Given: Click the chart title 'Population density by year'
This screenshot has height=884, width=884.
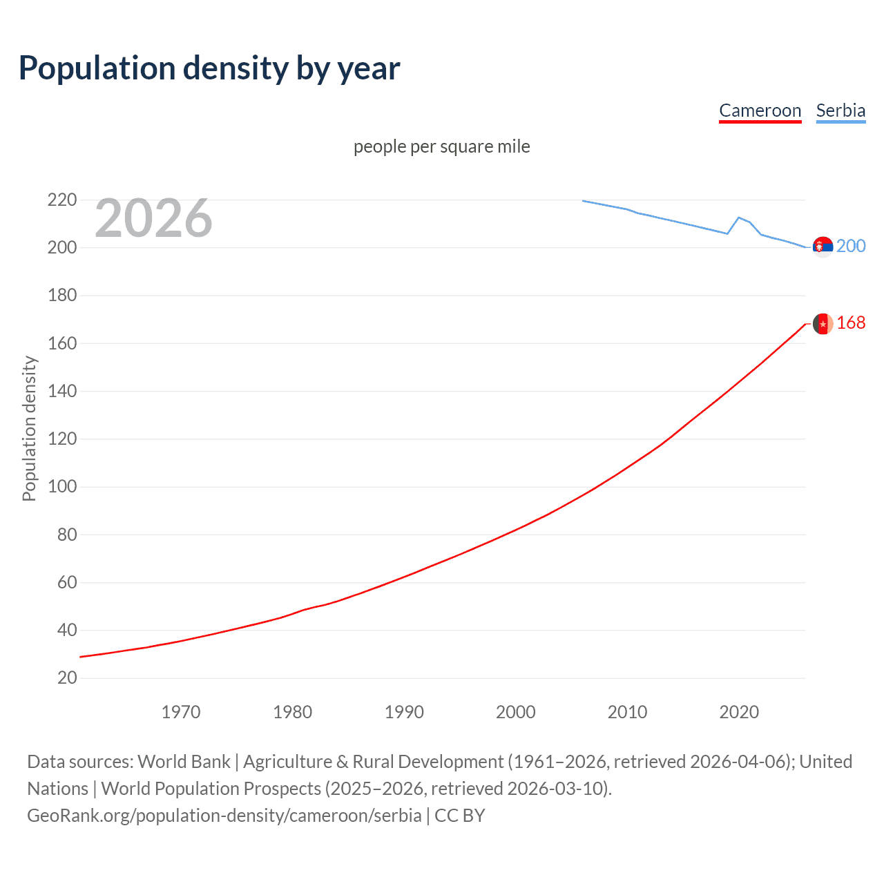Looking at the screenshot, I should (209, 68).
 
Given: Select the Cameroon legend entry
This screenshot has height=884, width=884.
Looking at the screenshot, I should (760, 110).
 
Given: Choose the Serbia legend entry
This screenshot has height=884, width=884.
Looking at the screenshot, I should (840, 110).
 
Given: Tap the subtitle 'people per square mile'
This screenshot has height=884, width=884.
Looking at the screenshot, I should (442, 146).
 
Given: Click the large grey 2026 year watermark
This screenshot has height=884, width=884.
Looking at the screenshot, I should (153, 218).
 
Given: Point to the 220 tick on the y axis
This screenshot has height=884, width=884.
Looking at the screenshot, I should (62, 200).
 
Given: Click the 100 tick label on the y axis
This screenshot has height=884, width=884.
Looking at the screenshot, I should (62, 487).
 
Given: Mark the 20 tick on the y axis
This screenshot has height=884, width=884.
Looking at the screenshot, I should (67, 678).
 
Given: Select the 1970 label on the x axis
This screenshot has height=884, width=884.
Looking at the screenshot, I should (181, 712).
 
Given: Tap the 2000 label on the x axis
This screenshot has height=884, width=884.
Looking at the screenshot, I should (516, 712).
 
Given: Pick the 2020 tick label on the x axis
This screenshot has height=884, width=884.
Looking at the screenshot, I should (739, 712).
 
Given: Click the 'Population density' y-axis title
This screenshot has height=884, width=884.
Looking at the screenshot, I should (29, 428).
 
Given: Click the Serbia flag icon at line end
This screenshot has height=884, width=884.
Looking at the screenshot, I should (823, 247).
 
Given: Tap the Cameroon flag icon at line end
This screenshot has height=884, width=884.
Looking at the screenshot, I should (823, 323).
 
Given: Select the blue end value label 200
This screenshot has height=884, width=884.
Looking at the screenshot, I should (851, 247).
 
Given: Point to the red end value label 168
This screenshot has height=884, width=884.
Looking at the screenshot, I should (851, 323).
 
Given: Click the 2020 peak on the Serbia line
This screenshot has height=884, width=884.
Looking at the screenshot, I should (739, 218).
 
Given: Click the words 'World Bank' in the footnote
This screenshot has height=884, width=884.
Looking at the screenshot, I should (184, 762).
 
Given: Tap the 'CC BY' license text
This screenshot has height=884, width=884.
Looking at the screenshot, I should (460, 816).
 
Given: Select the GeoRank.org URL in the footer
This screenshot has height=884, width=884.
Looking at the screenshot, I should (224, 816).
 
